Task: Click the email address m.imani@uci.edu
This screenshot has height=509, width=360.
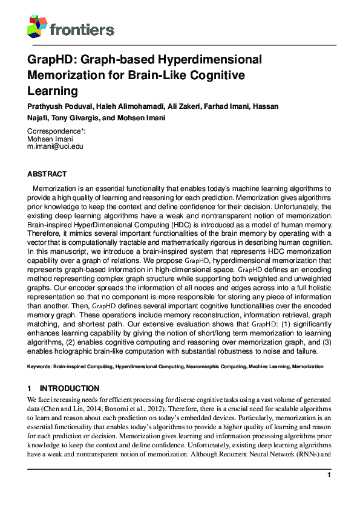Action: (56, 146)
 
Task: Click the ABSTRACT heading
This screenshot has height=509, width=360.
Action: (47, 173)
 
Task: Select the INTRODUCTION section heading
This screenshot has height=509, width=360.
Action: (69, 388)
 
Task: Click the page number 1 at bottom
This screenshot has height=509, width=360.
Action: (329, 475)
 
